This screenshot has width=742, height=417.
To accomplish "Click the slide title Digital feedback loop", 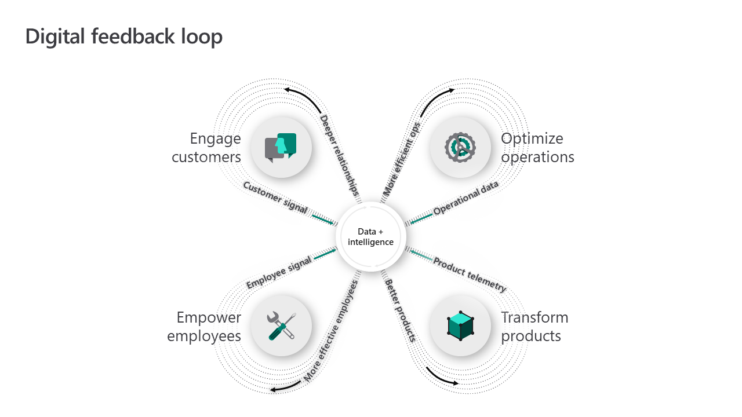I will point(123,36).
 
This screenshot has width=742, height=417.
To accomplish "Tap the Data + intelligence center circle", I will point(370,237).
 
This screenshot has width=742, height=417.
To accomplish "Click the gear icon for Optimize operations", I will point(460,147).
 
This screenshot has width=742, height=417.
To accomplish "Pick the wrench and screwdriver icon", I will point(281,325).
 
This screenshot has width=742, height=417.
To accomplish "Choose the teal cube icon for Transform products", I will point(460,326).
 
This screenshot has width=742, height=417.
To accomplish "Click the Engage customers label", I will point(206,147).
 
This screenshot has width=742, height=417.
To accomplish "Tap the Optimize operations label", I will point(537,147).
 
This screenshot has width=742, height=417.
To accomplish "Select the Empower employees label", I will point(204,326).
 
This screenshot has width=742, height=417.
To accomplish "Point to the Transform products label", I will point(534,326).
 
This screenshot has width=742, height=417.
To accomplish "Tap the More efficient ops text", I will point(401,158).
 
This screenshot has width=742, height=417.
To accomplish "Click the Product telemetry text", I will point(470,275).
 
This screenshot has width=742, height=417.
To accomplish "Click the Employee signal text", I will point(279,272).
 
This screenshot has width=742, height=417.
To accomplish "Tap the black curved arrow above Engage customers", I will point(303,97).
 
